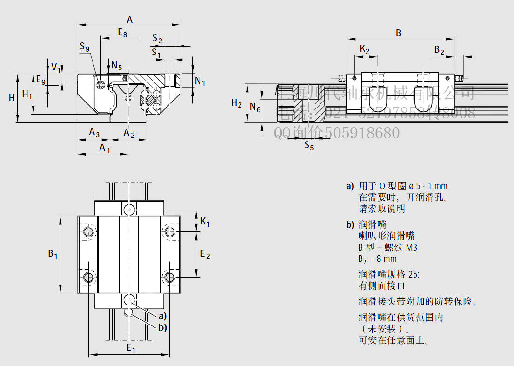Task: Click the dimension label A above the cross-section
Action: (129, 20)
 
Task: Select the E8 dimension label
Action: (122, 33)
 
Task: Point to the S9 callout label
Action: (84, 46)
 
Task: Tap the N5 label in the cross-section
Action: (116, 65)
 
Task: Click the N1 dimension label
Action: (200, 81)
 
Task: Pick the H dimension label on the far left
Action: (12, 97)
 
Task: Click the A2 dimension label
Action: (129, 134)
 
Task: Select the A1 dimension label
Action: (105, 149)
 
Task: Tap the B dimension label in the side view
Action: (398, 33)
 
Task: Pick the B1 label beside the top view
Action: (53, 254)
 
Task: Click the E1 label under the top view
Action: (131, 348)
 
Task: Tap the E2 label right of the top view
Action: (205, 254)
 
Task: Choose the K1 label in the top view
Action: (205, 222)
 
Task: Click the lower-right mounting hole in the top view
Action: (170, 277)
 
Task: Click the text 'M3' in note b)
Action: (411, 247)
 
